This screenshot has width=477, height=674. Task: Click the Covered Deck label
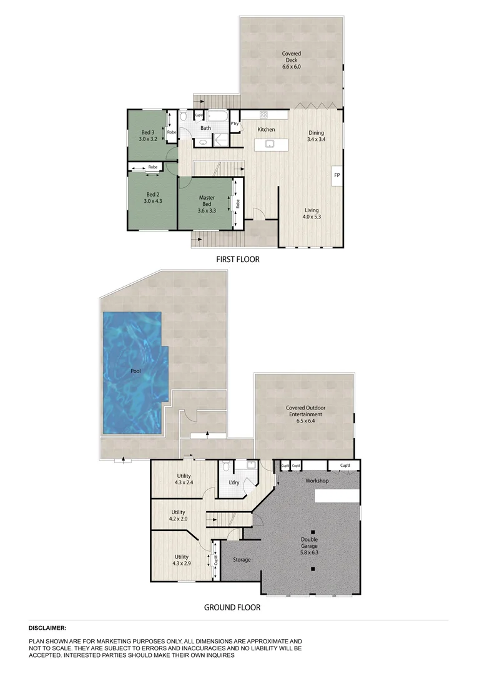[292, 60]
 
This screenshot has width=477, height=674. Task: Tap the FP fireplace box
[337, 175]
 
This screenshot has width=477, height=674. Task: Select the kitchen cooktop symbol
[263, 114]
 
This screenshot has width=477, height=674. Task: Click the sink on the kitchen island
[270, 144]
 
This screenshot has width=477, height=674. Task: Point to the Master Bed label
[207, 201]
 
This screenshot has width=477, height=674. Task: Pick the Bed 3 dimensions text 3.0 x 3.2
[147, 139]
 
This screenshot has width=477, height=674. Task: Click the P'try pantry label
[235, 124]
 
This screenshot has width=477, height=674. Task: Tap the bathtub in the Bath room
[219, 115]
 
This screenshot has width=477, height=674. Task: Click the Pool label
[135, 371]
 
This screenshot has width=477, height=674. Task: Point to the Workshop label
[317, 481]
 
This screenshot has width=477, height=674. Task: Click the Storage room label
[242, 560]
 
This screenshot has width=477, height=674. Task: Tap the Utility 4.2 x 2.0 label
[178, 515]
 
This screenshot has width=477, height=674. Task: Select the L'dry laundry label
[234, 483]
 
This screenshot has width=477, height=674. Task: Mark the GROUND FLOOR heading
[232, 607]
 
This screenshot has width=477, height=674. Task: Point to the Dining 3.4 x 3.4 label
[316, 136]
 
